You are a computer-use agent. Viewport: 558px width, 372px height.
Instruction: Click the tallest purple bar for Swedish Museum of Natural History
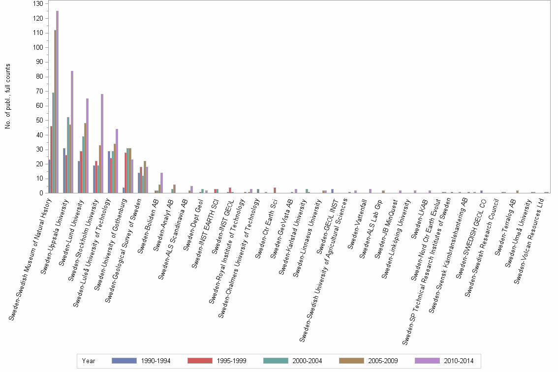[x=57, y=102]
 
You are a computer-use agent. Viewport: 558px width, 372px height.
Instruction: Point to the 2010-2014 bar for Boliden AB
[x=161, y=183]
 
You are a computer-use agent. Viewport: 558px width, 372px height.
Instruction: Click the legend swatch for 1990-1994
[x=124, y=361]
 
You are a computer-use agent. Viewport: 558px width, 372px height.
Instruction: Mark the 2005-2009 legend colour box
[x=351, y=361]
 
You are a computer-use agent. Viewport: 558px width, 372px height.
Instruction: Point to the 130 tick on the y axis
[x=38, y=4]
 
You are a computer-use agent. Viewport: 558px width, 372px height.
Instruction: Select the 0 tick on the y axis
[x=41, y=193]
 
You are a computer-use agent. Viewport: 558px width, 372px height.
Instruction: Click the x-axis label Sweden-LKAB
[x=419, y=215]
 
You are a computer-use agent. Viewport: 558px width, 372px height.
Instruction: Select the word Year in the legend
[x=89, y=361]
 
